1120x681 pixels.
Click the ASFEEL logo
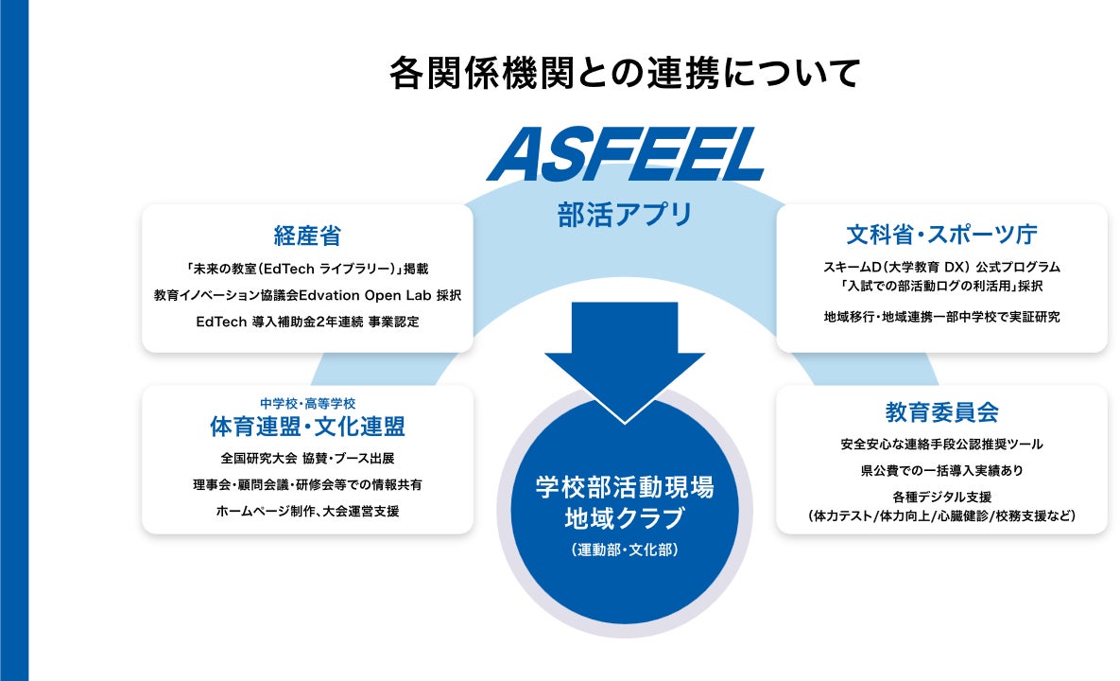626,154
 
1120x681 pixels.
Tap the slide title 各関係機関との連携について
625,74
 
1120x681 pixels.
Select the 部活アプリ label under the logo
625,215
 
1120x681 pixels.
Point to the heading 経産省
307,236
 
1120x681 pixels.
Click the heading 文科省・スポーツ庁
941,235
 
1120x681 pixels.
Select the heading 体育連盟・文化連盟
307,427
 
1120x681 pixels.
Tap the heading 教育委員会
941,412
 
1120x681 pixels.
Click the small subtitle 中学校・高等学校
307,403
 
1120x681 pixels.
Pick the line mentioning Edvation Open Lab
307,295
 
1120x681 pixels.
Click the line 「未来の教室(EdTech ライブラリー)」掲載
307,269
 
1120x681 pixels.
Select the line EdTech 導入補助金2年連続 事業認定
307,322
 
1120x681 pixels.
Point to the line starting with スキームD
941,267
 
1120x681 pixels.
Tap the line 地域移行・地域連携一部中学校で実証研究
941,317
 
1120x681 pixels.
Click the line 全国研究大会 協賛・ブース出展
307,459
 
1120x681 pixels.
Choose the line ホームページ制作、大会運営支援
307,511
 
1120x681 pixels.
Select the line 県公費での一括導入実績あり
941,469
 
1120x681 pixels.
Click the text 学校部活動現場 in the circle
625,488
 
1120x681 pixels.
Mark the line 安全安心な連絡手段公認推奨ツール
941,444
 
